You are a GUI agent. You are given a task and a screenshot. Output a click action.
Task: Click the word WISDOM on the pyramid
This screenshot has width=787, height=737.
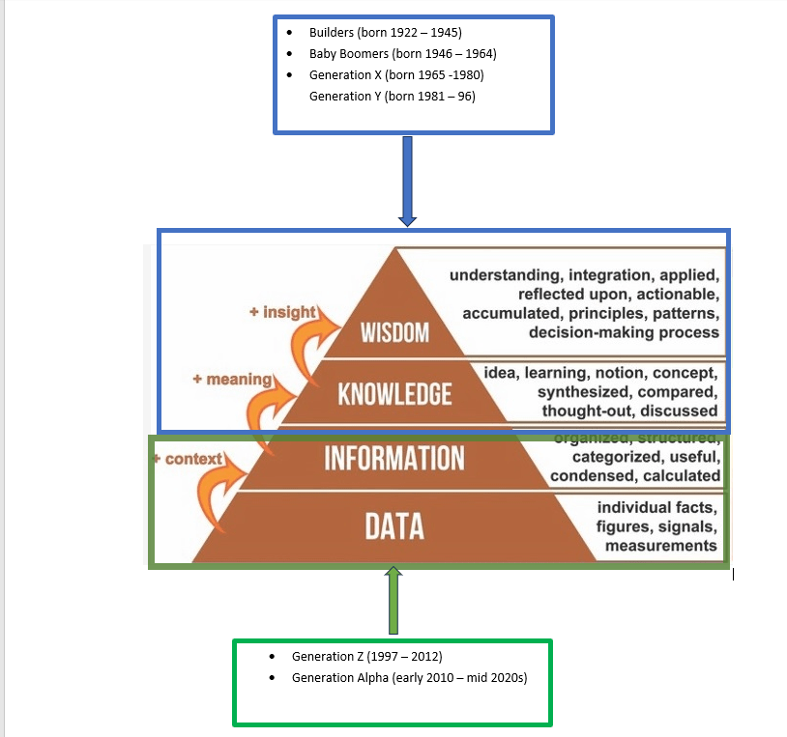tap(394, 333)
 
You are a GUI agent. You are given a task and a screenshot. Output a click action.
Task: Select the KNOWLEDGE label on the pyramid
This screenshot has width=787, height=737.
tap(394, 394)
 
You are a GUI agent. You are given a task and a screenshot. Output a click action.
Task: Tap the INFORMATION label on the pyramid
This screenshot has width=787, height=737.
tap(394, 457)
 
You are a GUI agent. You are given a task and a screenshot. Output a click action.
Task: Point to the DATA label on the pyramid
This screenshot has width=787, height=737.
tap(394, 526)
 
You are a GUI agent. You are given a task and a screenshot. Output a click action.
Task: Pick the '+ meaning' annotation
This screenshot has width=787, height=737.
tap(232, 380)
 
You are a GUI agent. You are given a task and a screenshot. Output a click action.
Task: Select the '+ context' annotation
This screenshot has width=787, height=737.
tap(189, 459)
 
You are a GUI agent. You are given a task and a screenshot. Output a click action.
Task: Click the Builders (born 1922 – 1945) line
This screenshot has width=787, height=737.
tap(380, 33)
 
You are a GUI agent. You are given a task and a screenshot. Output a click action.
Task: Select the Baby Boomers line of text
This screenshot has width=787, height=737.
tap(402, 54)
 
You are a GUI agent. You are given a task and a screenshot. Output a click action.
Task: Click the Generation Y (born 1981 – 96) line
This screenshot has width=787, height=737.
tap(392, 97)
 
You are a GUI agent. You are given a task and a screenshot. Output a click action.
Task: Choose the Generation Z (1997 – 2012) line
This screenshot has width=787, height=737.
tap(366, 657)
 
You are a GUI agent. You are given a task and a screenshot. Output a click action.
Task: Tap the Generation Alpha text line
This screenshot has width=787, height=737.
tap(409, 678)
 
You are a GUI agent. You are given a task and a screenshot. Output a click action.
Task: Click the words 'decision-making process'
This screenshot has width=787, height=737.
tap(624, 332)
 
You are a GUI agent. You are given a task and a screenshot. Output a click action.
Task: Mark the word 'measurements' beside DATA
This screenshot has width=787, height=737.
tap(662, 546)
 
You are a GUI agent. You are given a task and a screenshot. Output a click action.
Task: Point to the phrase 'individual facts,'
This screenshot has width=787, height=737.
tap(657, 508)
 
